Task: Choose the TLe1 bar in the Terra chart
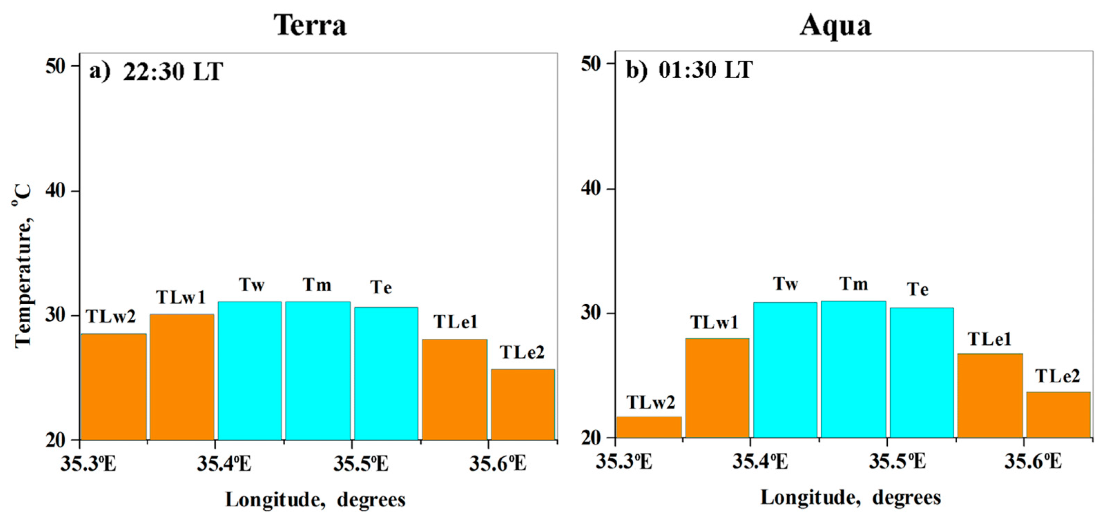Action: (x=455, y=389)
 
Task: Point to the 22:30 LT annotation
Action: (x=172, y=71)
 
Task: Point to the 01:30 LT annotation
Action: (x=705, y=69)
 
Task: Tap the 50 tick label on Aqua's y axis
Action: (x=591, y=64)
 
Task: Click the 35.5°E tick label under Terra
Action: (x=361, y=464)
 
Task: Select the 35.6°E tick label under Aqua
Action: (x=1033, y=462)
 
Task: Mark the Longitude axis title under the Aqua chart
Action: (x=851, y=498)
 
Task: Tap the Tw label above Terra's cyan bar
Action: (x=251, y=284)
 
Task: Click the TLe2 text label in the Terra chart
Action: (x=522, y=352)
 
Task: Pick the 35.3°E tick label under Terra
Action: (x=88, y=464)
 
